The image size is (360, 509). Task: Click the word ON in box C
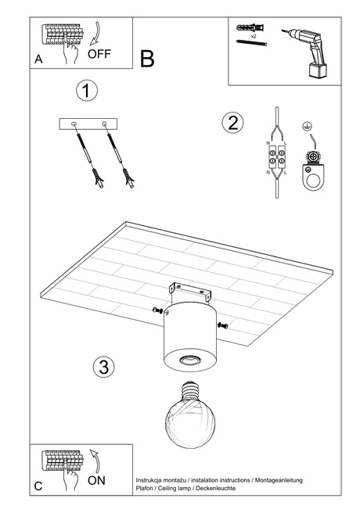(96, 480)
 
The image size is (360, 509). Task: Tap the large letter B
(148, 59)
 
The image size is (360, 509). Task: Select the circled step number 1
(88, 90)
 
